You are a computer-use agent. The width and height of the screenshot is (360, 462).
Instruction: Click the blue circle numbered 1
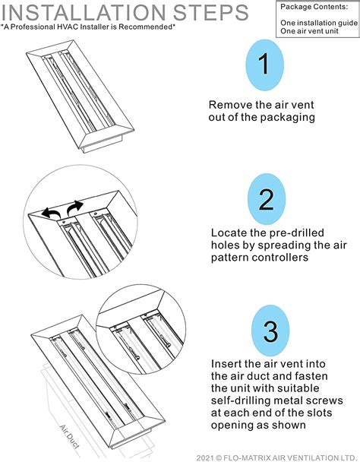point(264,65)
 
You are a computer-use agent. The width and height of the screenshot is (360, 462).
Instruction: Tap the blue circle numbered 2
point(267,200)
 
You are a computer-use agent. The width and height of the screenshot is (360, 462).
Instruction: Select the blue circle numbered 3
point(270,332)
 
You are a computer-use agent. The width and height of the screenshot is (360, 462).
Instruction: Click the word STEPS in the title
point(220,12)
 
